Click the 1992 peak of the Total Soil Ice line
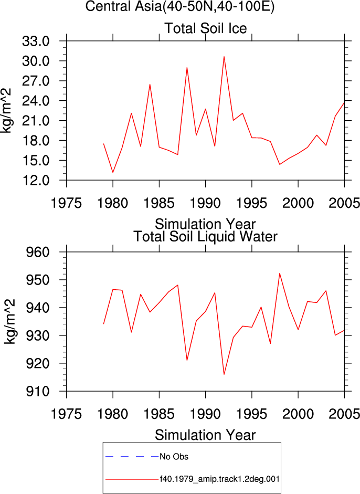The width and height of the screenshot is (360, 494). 224,57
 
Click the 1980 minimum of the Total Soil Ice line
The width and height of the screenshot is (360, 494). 113,172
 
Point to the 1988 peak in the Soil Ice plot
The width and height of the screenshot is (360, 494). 187,67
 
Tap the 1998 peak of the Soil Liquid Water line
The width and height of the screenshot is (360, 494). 279,273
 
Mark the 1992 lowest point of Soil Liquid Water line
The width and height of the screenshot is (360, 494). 224,374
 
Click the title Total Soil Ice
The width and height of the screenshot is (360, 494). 205,28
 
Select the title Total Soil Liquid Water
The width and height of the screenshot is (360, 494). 205,236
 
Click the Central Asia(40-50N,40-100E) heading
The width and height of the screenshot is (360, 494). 180,6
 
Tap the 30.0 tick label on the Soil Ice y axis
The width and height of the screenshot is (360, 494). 36,61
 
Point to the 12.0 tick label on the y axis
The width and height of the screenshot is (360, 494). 36,180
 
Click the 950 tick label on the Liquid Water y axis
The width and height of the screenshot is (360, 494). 37,280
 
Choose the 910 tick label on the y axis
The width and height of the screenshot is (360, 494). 37,391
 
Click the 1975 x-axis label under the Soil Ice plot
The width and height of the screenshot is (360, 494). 67,203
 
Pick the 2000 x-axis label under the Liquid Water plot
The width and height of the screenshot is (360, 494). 298,414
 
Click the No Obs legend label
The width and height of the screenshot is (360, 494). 174,457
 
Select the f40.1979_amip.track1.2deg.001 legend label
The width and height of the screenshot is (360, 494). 220,479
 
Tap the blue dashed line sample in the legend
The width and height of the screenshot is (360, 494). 132,457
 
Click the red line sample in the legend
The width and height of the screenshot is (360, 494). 132,479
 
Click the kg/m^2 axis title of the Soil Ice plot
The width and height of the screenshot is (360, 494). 6,111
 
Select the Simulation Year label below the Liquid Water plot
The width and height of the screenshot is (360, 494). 205,435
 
